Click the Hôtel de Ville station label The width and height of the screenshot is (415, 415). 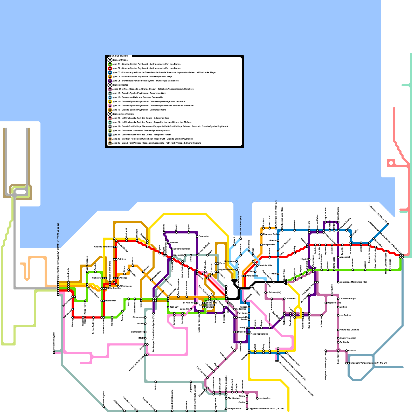coord(265,265)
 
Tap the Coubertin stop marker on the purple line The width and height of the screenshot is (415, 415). coord(197,237)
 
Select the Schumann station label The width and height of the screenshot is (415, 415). coord(230,261)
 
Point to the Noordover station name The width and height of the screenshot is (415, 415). coord(110,301)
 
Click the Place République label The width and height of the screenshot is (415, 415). coord(259,334)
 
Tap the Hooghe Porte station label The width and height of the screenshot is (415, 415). coord(234,409)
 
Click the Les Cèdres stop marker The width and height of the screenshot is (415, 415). coord(338,315)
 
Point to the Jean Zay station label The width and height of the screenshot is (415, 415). coord(174,307)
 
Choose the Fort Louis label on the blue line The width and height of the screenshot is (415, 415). coord(243,313)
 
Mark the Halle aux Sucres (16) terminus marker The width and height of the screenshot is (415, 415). coord(241,238)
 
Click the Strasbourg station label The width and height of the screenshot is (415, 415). coord(138,317)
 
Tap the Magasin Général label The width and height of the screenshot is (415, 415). coord(227,269)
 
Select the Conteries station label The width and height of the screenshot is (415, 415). coord(290,299)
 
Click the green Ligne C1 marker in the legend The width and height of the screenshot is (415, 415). coord(110,64)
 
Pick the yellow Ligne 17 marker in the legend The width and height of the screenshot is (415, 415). coord(110,101)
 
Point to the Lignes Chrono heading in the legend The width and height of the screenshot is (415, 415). coord(120,60)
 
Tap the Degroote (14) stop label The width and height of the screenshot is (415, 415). coord(334,303)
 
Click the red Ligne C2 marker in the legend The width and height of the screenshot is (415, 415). coord(110,68)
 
